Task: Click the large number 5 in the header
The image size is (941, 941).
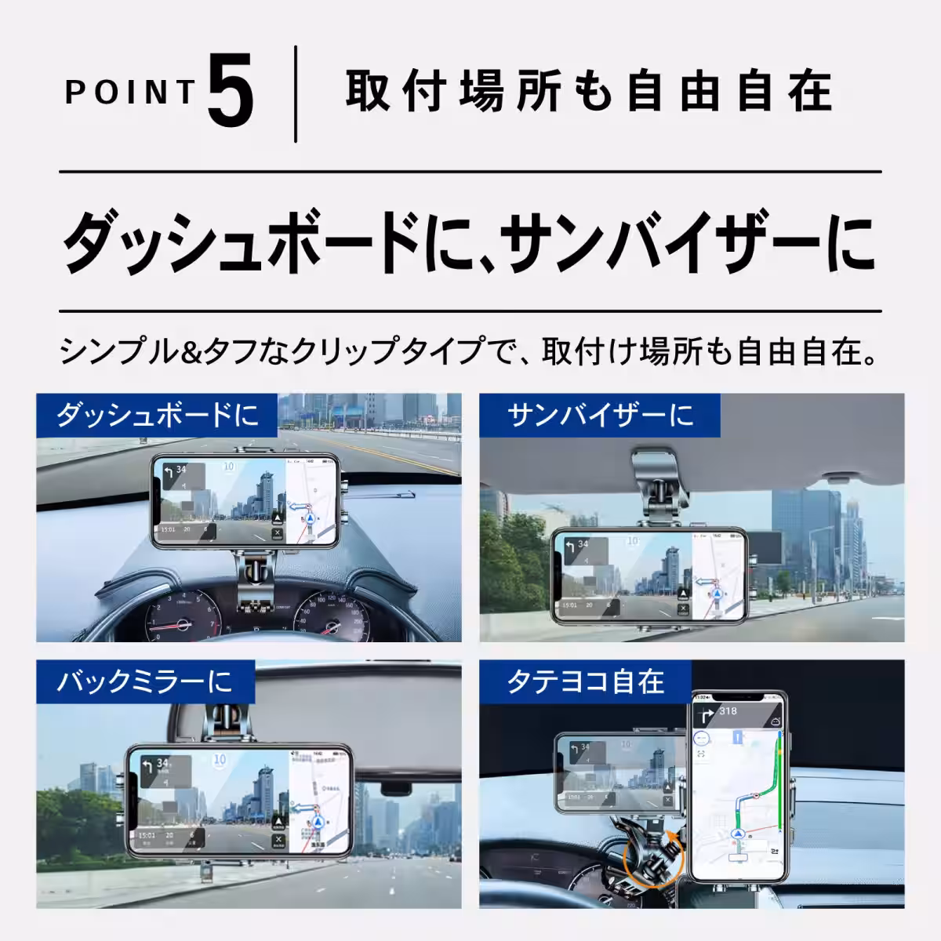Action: (x=231, y=94)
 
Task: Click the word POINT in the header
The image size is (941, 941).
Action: (x=130, y=93)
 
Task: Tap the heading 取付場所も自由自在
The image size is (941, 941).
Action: (x=588, y=92)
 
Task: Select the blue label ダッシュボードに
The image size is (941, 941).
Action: (x=157, y=414)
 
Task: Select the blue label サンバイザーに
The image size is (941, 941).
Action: (x=600, y=413)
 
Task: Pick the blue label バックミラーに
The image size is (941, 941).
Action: (x=145, y=681)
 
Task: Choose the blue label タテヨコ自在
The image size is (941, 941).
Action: (x=585, y=681)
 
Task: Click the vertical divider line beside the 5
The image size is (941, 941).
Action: (x=296, y=94)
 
